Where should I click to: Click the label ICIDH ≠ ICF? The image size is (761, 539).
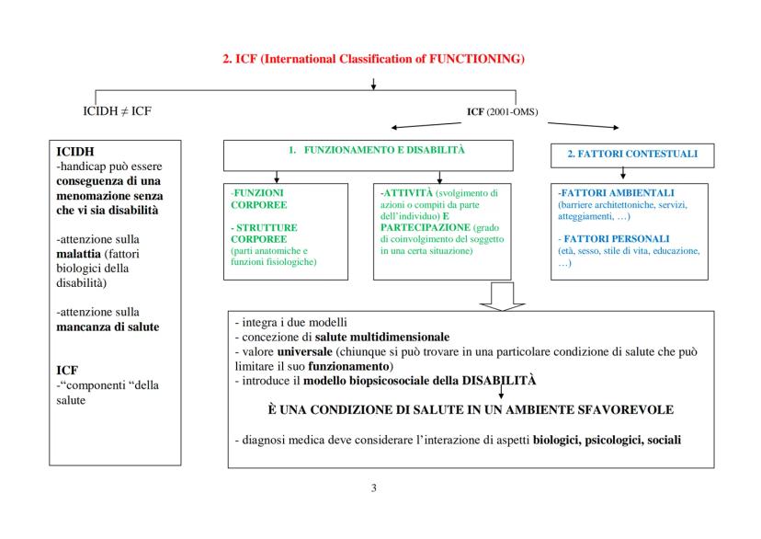click(x=118, y=112)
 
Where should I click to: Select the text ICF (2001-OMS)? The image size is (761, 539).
click(x=503, y=113)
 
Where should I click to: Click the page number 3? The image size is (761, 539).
click(x=373, y=488)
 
